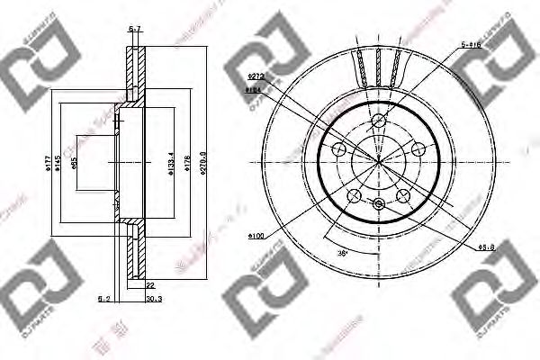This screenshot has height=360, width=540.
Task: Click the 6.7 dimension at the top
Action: pyautogui.click(x=135, y=30)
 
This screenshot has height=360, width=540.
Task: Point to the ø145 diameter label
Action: pyautogui.click(x=60, y=161)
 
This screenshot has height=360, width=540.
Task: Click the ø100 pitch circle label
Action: pyautogui.click(x=256, y=237)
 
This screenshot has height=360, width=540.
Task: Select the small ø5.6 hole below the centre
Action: pyautogui.click(x=379, y=204)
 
